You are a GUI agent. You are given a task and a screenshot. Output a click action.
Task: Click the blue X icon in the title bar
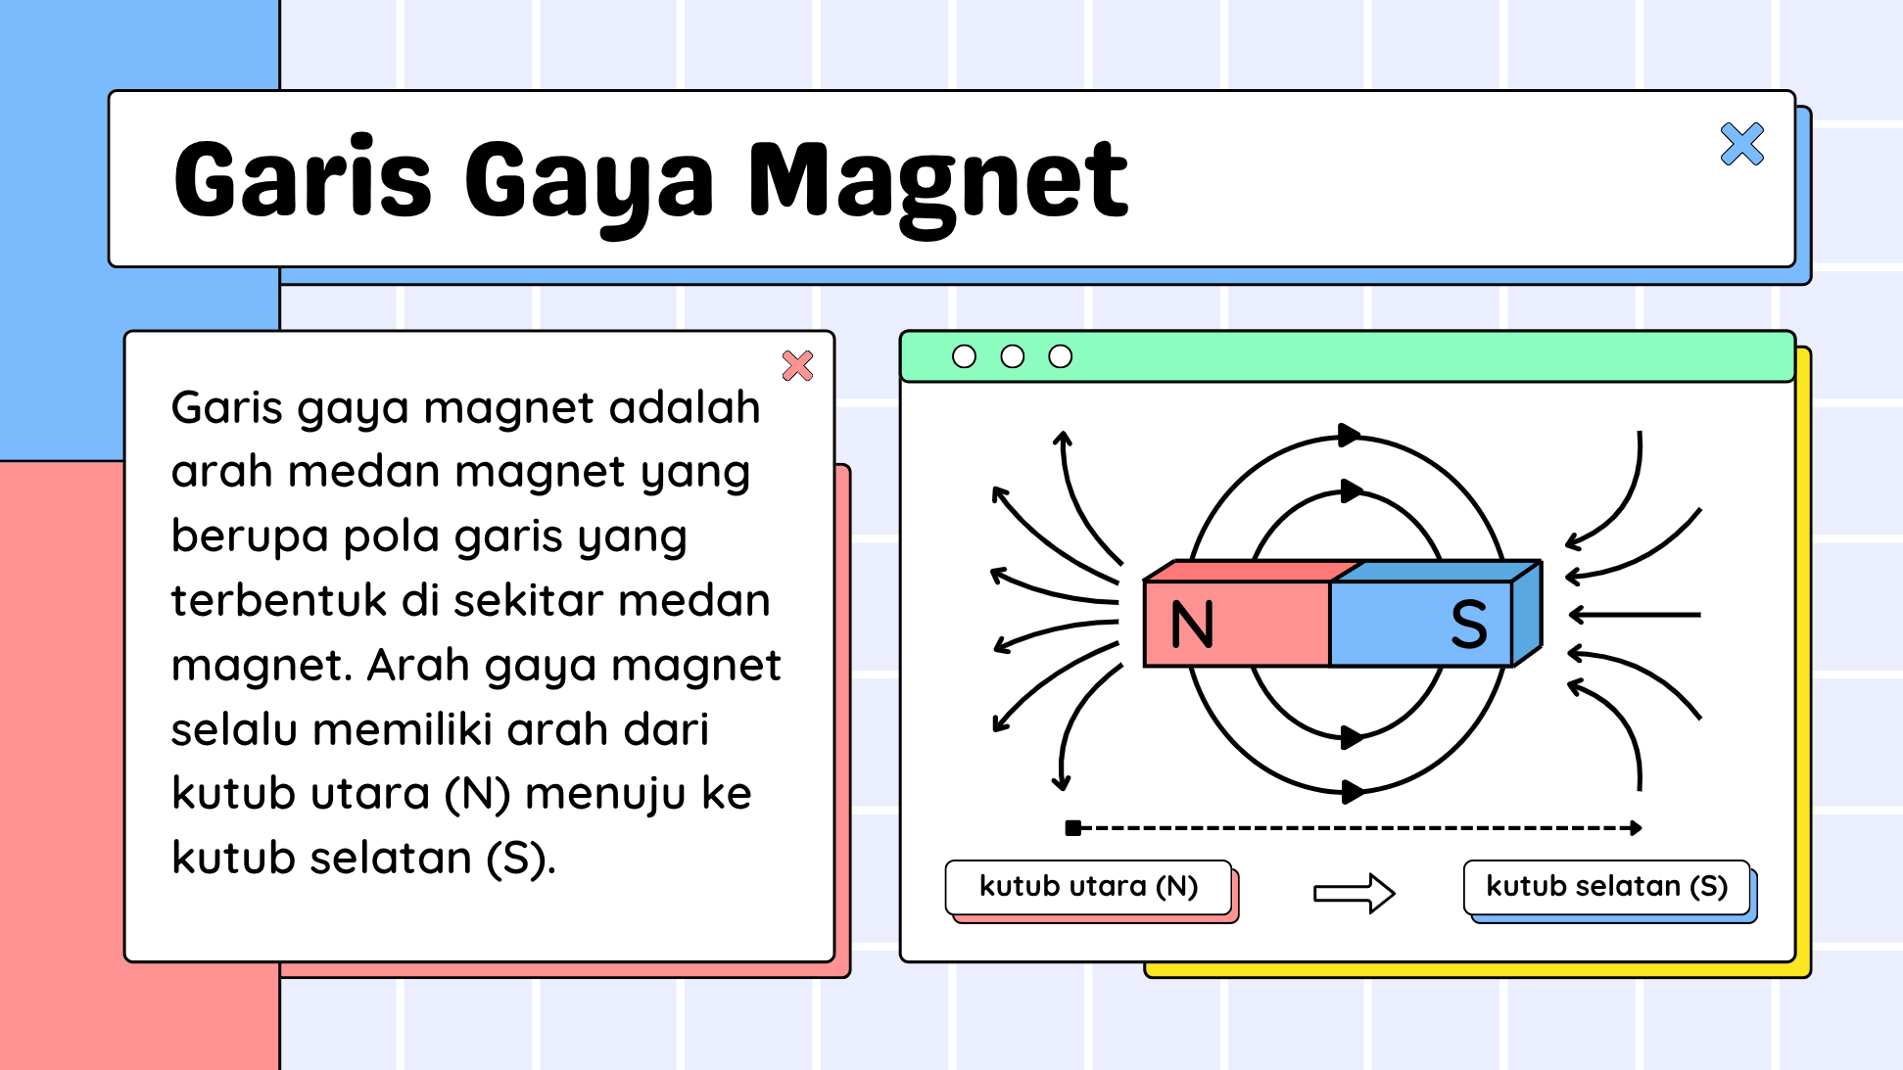tap(1741, 144)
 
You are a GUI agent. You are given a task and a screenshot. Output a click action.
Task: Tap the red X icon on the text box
tap(797, 365)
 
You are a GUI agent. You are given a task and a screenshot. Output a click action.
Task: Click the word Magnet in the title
tap(938, 182)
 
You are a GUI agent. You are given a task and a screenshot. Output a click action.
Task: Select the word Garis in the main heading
tap(303, 177)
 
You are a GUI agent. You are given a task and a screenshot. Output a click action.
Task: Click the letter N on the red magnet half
tap(1192, 624)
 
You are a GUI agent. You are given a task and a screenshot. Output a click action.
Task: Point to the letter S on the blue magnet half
tap(1468, 624)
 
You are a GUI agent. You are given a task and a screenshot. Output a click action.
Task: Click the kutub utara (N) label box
tap(1088, 887)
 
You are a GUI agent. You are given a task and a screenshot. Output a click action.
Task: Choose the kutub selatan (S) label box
tap(1606, 887)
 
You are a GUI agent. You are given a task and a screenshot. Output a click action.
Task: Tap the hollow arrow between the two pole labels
tap(1354, 893)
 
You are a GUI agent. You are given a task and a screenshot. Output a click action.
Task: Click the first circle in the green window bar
tap(964, 356)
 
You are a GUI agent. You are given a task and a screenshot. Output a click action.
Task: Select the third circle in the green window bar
tap(1060, 356)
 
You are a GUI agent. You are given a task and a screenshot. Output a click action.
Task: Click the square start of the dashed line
tap(1072, 828)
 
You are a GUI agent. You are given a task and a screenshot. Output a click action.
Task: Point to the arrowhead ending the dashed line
tap(1636, 828)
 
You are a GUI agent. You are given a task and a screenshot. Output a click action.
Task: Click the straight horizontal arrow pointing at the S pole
tap(1635, 615)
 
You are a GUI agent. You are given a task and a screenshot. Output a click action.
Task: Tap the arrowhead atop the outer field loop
tap(1350, 435)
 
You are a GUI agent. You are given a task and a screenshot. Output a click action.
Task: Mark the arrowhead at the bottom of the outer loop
tap(1353, 791)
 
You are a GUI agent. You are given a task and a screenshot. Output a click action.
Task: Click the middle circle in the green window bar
tap(1012, 356)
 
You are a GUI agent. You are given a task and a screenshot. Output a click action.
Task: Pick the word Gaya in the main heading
tap(590, 184)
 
